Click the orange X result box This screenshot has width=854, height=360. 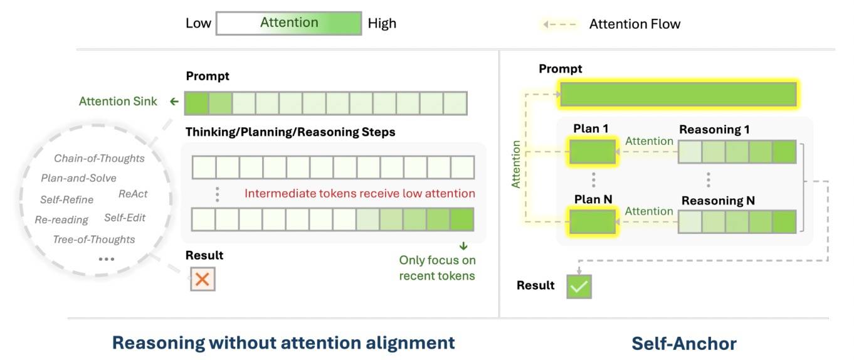click(203, 279)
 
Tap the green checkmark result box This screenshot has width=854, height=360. click(579, 286)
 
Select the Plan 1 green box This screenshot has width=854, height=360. click(593, 152)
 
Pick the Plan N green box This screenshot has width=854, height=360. click(593, 222)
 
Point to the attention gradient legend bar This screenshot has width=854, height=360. click(289, 23)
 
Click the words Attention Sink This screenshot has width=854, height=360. click(119, 101)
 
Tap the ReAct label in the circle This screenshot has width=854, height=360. click(133, 194)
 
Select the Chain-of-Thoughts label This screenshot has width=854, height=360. click(99, 159)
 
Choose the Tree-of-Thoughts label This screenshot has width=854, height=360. click(93, 240)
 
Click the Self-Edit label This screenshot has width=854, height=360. click(125, 218)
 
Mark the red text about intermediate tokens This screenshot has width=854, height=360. click(359, 193)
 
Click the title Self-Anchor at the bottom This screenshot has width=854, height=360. click(683, 343)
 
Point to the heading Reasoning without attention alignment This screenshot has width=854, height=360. click(283, 343)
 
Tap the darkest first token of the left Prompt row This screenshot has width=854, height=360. click(196, 102)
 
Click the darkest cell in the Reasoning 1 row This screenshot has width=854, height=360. click(784, 152)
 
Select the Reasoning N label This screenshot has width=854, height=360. click(718, 201)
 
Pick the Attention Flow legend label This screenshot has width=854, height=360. click(635, 24)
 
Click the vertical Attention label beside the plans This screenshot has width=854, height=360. click(516, 164)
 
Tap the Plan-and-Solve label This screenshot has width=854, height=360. click(78, 178)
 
